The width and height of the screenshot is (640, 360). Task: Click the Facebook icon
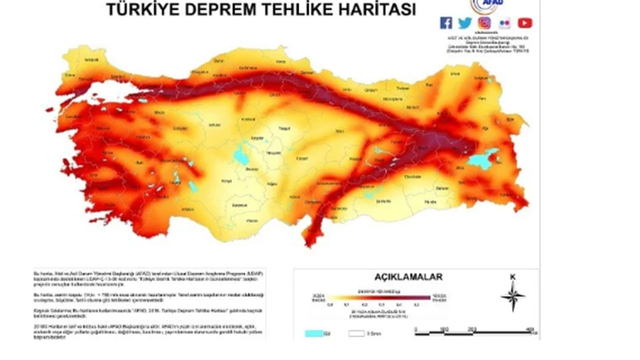pos(446,22)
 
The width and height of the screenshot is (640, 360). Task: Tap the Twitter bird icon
pos(465,22)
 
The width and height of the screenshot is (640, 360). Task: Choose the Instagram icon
pos(484,22)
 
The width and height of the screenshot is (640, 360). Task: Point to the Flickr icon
pos(504,22)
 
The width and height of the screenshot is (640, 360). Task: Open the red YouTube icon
pos(524,22)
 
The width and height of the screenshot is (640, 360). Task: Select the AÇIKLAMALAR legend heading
pos(408,276)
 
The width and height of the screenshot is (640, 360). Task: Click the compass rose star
pos(512,296)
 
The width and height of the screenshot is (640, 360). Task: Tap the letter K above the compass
pos(512,277)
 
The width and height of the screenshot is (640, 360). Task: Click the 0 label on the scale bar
pos(416,328)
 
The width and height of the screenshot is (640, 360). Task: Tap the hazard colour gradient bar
pos(378,297)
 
